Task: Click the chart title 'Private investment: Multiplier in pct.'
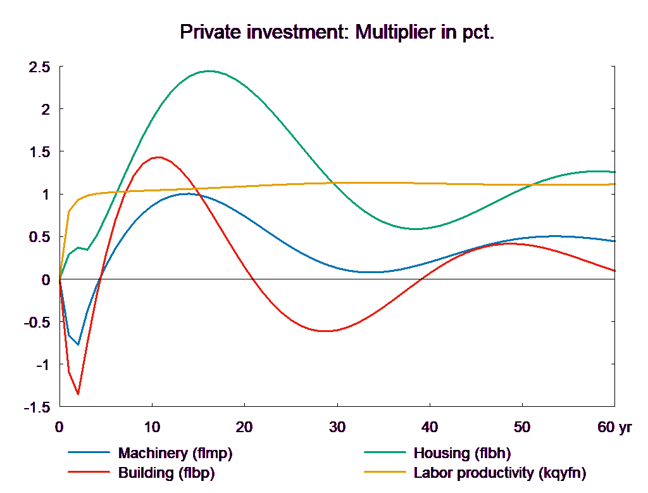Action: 336,32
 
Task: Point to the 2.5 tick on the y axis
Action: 39,67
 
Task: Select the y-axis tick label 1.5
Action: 39,152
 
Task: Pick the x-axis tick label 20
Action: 244,427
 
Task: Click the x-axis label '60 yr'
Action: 614,427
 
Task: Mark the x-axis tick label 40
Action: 430,427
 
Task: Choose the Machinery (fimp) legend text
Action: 175,453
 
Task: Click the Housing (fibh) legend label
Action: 462,453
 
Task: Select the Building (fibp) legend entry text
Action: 166,473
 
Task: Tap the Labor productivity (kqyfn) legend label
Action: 500,473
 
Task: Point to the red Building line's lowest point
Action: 78,394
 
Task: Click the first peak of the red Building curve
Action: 157,157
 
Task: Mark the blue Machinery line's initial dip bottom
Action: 78,345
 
